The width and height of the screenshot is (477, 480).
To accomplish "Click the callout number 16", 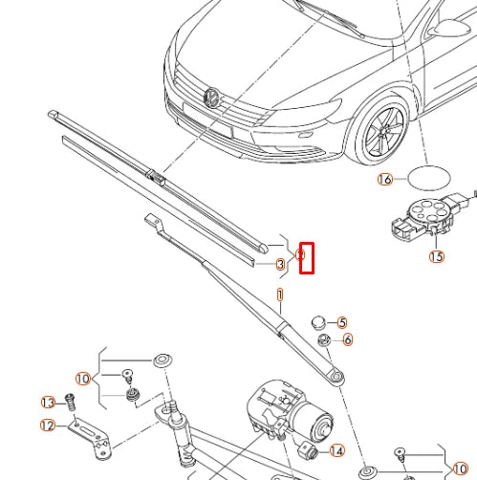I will [385, 179].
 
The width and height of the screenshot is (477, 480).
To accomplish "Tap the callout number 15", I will [437, 256].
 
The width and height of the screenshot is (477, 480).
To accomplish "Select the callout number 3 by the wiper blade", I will [280, 264].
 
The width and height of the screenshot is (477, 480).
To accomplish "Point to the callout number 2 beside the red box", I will [299, 254].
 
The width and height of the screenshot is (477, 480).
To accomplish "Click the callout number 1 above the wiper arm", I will [280, 295].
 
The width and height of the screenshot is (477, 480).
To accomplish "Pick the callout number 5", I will [343, 323].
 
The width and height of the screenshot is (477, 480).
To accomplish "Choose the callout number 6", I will [347, 339].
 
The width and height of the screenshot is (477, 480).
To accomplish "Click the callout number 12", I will [48, 425].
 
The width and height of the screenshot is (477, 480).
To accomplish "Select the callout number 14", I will [336, 450].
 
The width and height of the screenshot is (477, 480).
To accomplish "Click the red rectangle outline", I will [308, 256].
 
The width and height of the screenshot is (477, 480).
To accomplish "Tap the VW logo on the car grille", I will [213, 97].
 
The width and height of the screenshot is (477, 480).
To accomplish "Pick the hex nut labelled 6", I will [323, 339].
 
